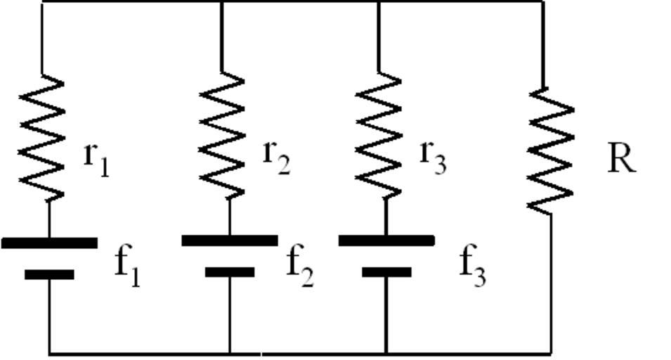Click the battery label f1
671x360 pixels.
click(x=127, y=266)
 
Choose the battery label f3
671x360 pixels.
click(x=473, y=266)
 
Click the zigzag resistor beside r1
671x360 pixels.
click(x=43, y=137)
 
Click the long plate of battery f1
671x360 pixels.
click(x=49, y=243)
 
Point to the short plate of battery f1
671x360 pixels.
click(x=49, y=274)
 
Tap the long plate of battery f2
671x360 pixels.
click(x=230, y=240)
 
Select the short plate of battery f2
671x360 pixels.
click(x=230, y=271)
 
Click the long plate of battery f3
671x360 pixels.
click(x=386, y=240)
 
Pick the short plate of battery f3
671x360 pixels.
click(x=386, y=271)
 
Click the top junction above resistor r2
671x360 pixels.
click(x=222, y=2)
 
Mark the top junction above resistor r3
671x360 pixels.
click(x=379, y=2)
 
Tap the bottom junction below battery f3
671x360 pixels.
click(x=386, y=352)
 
